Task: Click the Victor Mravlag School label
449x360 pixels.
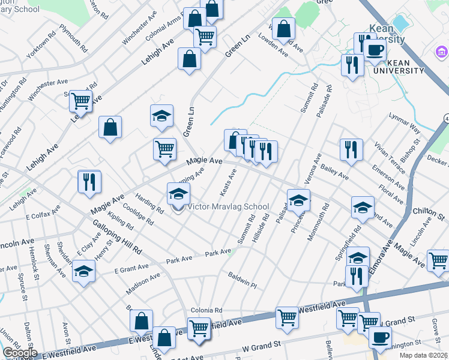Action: pyautogui.click(x=229, y=207)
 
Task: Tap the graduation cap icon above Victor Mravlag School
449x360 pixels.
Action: pyautogui.click(x=178, y=194)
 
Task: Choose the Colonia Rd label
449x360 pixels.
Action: pyautogui.click(x=206, y=310)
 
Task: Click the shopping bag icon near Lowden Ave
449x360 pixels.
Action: pyautogui.click(x=285, y=28)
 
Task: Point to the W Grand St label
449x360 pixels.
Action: pyautogui.click(x=262, y=346)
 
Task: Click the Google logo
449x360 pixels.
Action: pyautogui.click(x=20, y=353)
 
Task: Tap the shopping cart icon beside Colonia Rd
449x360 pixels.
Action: pyautogui.click(x=199, y=328)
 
